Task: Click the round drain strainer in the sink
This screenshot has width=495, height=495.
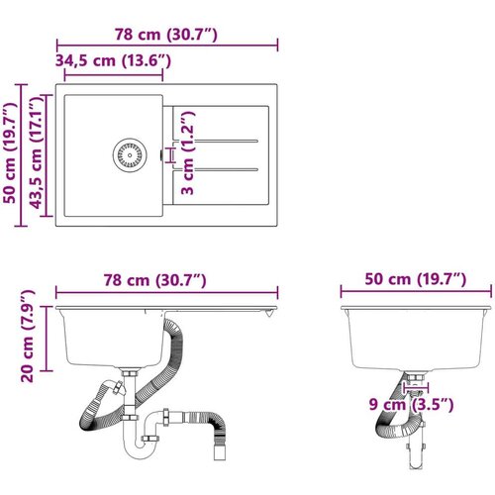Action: click(130, 155)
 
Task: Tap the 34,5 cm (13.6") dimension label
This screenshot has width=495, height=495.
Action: click(113, 60)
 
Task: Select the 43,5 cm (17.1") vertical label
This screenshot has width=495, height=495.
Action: click(37, 154)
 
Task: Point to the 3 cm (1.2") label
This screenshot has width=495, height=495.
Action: click(187, 152)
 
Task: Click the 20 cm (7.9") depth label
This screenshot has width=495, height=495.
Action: click(28, 336)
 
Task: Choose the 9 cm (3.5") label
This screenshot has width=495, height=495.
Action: click(411, 404)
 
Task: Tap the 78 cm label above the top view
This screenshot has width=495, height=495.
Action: click(166, 35)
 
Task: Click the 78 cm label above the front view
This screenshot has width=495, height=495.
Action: click(155, 280)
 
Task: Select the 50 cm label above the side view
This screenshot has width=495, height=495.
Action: click(416, 279)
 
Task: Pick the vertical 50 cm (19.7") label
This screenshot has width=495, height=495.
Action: click(10, 153)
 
